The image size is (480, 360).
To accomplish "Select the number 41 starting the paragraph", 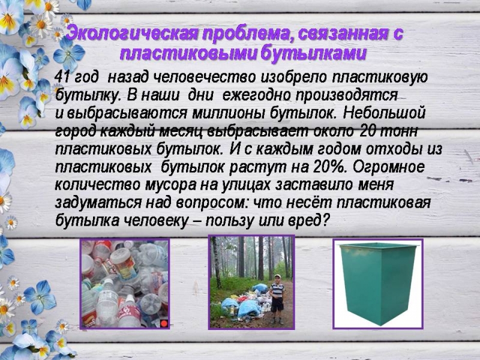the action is [63, 77].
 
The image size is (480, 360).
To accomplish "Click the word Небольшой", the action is [384, 113].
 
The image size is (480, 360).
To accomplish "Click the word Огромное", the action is [389, 168].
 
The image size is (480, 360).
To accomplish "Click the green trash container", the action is [378, 283].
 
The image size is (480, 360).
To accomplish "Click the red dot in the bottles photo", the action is [164, 323].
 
